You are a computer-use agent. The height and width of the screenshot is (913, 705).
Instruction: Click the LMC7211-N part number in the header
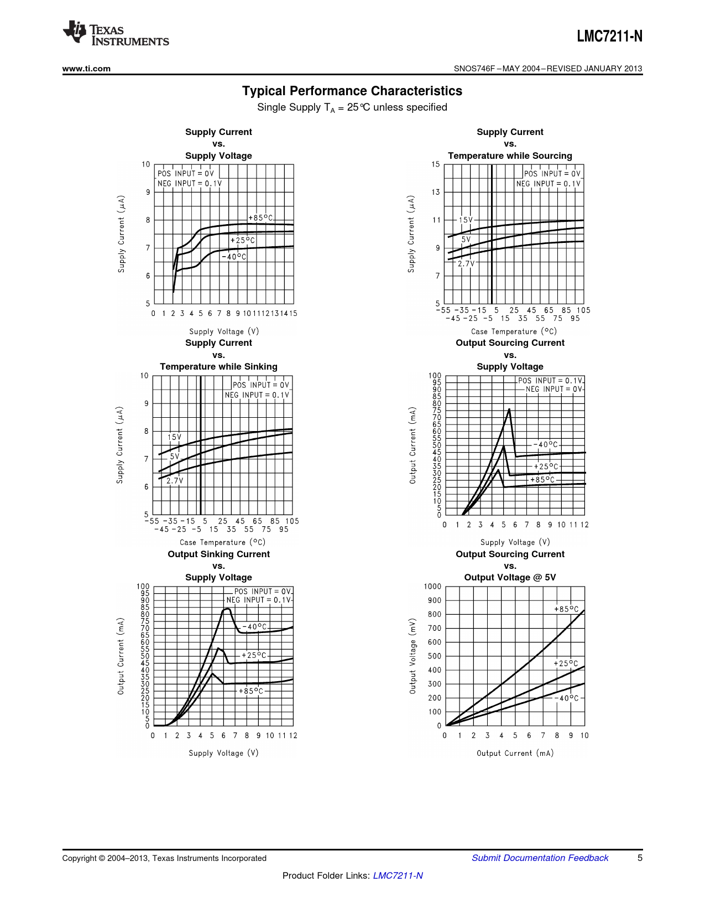[x=609, y=37]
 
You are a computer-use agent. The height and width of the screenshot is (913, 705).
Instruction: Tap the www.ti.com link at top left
[x=86, y=69]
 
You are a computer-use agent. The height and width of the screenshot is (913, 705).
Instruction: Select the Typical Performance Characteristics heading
[x=352, y=91]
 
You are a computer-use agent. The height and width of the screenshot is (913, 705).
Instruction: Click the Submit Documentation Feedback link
[x=540, y=858]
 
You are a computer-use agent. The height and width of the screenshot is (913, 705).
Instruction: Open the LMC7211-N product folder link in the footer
[x=398, y=875]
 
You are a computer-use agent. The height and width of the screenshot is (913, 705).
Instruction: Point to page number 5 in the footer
[x=640, y=858]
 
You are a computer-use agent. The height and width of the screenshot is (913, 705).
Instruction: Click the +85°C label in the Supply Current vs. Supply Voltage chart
[x=260, y=218]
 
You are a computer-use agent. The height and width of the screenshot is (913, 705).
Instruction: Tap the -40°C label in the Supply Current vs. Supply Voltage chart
[x=234, y=257]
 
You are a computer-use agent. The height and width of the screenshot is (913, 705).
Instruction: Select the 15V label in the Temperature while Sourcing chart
[x=466, y=220]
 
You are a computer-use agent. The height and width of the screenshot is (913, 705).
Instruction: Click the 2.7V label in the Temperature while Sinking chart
[x=175, y=481]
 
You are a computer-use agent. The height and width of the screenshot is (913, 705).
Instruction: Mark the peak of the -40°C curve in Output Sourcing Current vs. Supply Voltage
[x=509, y=409]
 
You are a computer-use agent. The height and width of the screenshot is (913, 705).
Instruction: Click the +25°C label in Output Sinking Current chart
[x=254, y=655]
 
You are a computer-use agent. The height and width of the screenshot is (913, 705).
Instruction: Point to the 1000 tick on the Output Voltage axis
[x=432, y=587]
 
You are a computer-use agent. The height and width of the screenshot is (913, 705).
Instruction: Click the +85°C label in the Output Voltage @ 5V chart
[x=566, y=609]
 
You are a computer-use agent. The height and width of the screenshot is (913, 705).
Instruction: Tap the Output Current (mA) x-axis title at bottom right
[x=515, y=753]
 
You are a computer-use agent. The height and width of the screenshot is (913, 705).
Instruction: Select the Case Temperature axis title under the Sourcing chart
[x=514, y=331]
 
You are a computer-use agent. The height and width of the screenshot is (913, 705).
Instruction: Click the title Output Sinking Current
[x=218, y=554]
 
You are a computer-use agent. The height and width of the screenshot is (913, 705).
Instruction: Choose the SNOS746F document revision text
[x=548, y=69]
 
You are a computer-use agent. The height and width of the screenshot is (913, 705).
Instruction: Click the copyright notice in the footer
[x=164, y=858]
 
